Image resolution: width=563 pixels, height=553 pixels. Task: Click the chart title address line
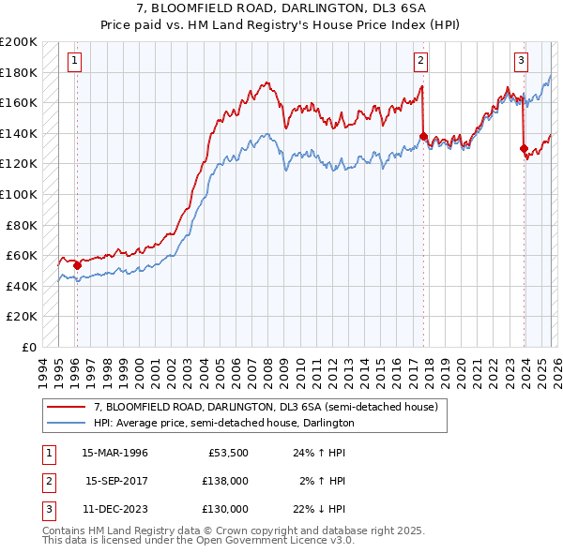pyautogui.click(x=281, y=8)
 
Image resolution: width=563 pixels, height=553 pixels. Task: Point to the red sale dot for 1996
pyautogui.click(x=76, y=265)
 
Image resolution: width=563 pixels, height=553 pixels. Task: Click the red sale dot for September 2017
pyautogui.click(x=423, y=137)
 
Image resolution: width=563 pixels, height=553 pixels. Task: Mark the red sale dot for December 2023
pyautogui.click(x=524, y=147)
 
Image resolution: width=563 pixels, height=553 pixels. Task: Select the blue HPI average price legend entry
pyautogui.click(x=223, y=423)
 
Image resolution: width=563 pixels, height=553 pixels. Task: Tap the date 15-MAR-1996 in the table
pyautogui.click(x=114, y=453)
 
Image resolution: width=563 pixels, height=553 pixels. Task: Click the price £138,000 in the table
pyautogui.click(x=226, y=481)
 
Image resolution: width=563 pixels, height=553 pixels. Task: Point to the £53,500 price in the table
pyautogui.click(x=229, y=453)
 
